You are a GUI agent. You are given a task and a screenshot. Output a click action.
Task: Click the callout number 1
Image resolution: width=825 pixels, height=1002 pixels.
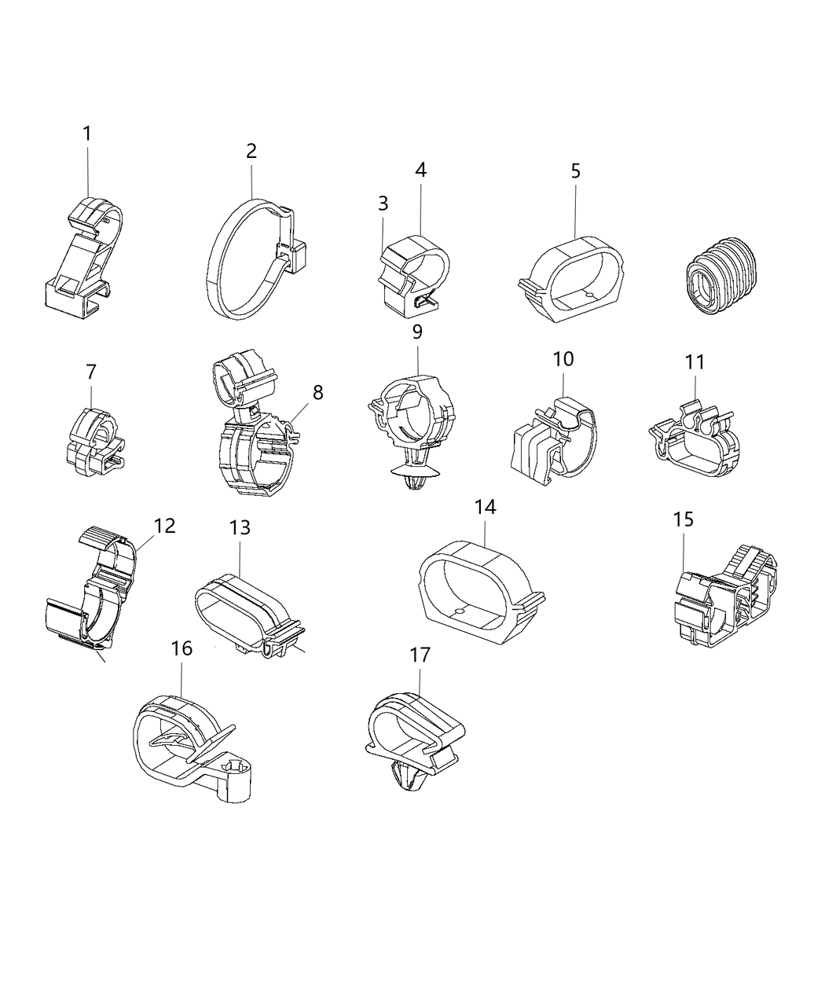pyautogui.click(x=87, y=134)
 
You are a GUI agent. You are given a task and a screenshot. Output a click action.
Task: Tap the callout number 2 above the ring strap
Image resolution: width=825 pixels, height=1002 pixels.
pyautogui.click(x=251, y=151)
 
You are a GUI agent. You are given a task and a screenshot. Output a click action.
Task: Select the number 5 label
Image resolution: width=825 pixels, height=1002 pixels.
pyautogui.click(x=576, y=171)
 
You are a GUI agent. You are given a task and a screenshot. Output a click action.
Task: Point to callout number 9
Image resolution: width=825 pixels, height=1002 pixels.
pyautogui.click(x=417, y=332)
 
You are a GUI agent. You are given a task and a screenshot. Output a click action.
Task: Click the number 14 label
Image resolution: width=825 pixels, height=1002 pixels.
pyautogui.click(x=486, y=508)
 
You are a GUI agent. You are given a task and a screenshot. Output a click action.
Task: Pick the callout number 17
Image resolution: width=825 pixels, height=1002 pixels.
pyautogui.click(x=420, y=655)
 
